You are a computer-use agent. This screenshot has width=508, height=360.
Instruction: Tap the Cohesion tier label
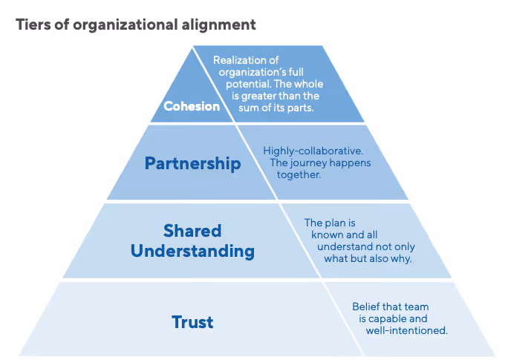[x=192, y=106]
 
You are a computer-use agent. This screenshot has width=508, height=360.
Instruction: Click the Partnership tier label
[x=192, y=163]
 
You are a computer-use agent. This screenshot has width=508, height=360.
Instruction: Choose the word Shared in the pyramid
[x=192, y=230]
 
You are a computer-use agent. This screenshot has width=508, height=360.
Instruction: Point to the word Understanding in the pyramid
[x=192, y=251]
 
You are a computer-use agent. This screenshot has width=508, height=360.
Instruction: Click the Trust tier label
[x=192, y=321]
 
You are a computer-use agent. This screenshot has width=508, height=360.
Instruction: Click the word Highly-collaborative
[x=313, y=151]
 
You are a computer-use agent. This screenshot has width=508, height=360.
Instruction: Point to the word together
[x=299, y=174]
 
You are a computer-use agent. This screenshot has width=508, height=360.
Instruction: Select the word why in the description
[x=400, y=258]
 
